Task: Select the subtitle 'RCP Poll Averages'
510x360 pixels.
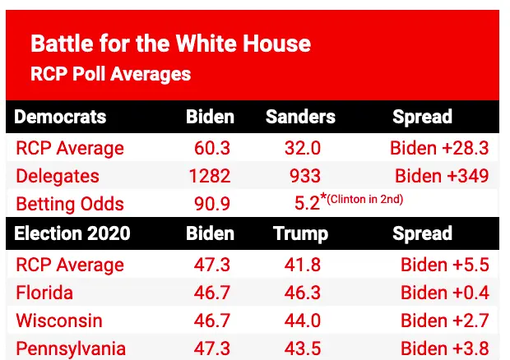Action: [x=110, y=74]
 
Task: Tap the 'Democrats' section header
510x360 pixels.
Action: [x=60, y=117]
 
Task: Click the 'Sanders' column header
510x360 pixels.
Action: [x=300, y=117]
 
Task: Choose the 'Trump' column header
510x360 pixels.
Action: [x=300, y=233]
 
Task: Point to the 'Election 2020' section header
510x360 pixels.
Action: [x=72, y=233]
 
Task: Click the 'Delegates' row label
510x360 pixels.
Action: [x=57, y=176]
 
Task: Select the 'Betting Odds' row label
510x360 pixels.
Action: [x=70, y=204]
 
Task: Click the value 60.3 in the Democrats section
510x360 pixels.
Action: [x=210, y=149]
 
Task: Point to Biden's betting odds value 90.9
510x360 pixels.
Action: [x=210, y=204]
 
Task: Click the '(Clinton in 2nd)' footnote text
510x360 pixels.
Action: [x=356, y=199]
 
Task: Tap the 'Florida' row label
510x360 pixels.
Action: [x=44, y=293]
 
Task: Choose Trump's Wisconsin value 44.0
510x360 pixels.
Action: [x=300, y=321]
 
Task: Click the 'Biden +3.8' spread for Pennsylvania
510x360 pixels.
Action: [x=444, y=348]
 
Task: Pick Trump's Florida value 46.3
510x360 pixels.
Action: [x=300, y=293]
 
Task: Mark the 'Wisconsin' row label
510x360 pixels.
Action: [x=58, y=321]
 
